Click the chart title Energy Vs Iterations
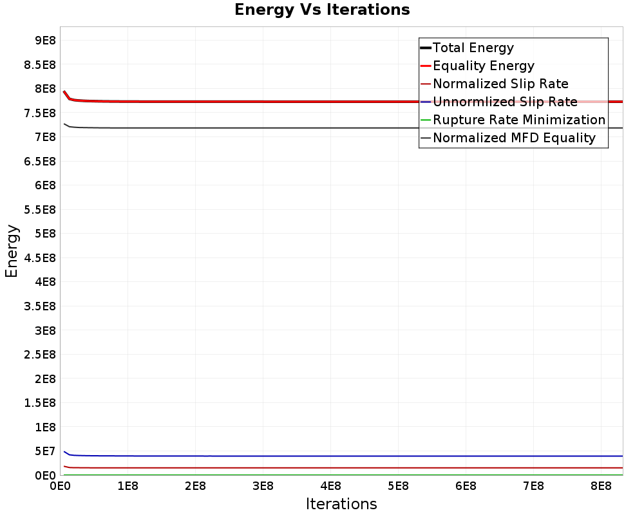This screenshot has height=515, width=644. pyautogui.click(x=322, y=10)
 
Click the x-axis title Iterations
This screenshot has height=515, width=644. pyautogui.click(x=341, y=503)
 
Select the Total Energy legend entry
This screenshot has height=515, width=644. pyautogui.click(x=473, y=48)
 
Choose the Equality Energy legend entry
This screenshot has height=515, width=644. pyautogui.click(x=484, y=66)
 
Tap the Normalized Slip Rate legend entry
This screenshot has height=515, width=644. pyautogui.click(x=500, y=84)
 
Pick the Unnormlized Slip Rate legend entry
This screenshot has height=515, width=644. pyautogui.click(x=505, y=102)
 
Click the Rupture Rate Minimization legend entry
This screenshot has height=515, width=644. pyautogui.click(x=519, y=120)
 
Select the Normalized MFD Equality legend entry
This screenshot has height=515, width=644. pyautogui.click(x=514, y=138)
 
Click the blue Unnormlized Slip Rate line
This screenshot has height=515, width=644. pyautogui.click(x=322, y=456)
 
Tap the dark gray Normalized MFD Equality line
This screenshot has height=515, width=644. pyautogui.click(x=322, y=127)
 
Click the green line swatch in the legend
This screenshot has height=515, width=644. pyautogui.click(x=425, y=120)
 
